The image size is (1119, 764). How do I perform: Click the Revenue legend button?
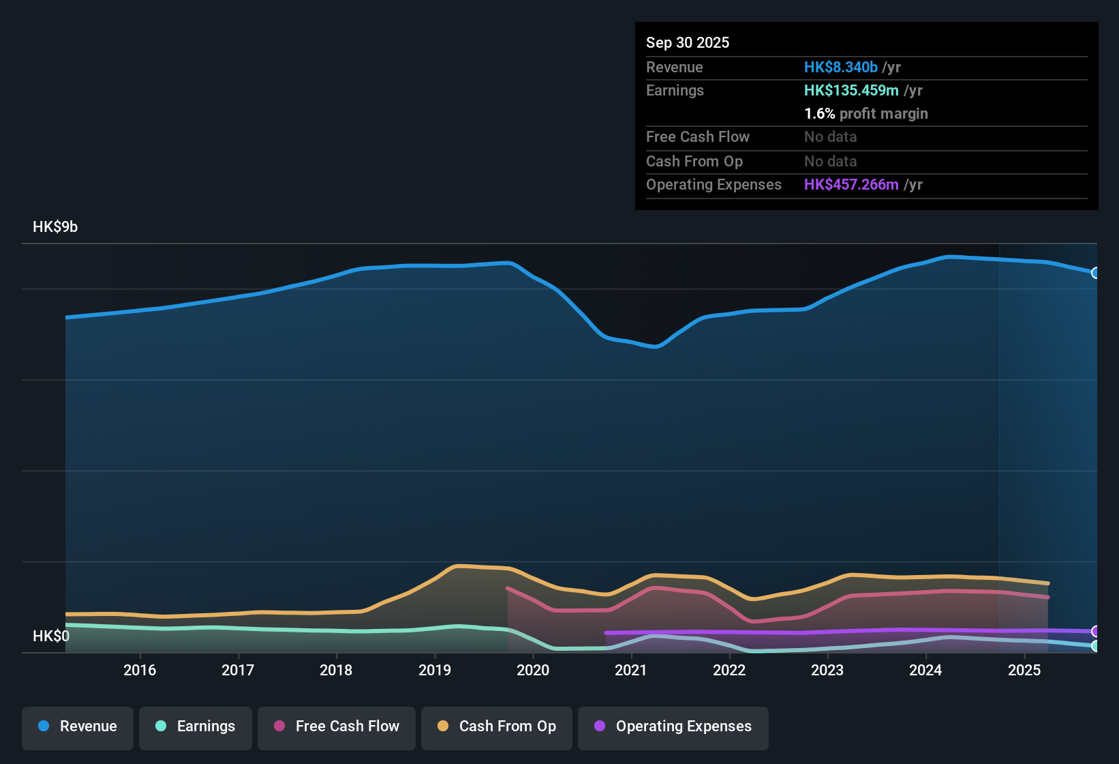point(78,726)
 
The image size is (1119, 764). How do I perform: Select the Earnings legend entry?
point(195,726)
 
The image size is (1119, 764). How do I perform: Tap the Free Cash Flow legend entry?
point(337,726)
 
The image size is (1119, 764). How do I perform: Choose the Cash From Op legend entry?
point(497,726)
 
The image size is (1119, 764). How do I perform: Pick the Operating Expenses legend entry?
point(673,726)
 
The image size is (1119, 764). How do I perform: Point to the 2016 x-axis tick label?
point(140,670)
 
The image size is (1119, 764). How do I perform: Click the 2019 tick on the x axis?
point(435,670)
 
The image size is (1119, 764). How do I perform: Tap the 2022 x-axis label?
point(729,670)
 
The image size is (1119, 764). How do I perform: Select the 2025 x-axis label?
point(1024,670)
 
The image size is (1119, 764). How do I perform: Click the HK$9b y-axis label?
point(55,227)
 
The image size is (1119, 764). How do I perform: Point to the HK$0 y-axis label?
point(51,636)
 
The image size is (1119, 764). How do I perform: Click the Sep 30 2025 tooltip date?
point(687,43)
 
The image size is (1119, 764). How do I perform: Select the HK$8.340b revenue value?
point(840,68)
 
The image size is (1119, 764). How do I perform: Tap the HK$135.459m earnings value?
point(851,91)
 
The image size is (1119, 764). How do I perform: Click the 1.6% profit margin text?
point(865,114)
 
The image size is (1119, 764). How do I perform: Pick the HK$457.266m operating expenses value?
point(851,185)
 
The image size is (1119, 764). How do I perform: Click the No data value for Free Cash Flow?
point(830,137)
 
